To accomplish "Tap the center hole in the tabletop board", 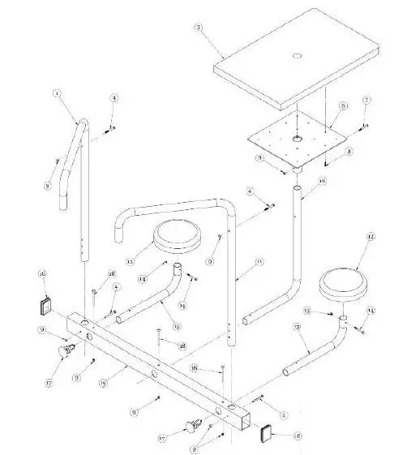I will click(x=296, y=55).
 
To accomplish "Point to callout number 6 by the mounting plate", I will click(x=343, y=105).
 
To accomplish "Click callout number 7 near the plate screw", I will click(x=366, y=100).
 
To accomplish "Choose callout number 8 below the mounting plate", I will click(x=348, y=151).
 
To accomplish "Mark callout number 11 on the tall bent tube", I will click(x=259, y=262).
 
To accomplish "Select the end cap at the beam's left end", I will click(x=46, y=307).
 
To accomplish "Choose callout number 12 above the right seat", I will click(x=371, y=237).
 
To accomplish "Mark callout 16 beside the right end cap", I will click(x=298, y=436).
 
